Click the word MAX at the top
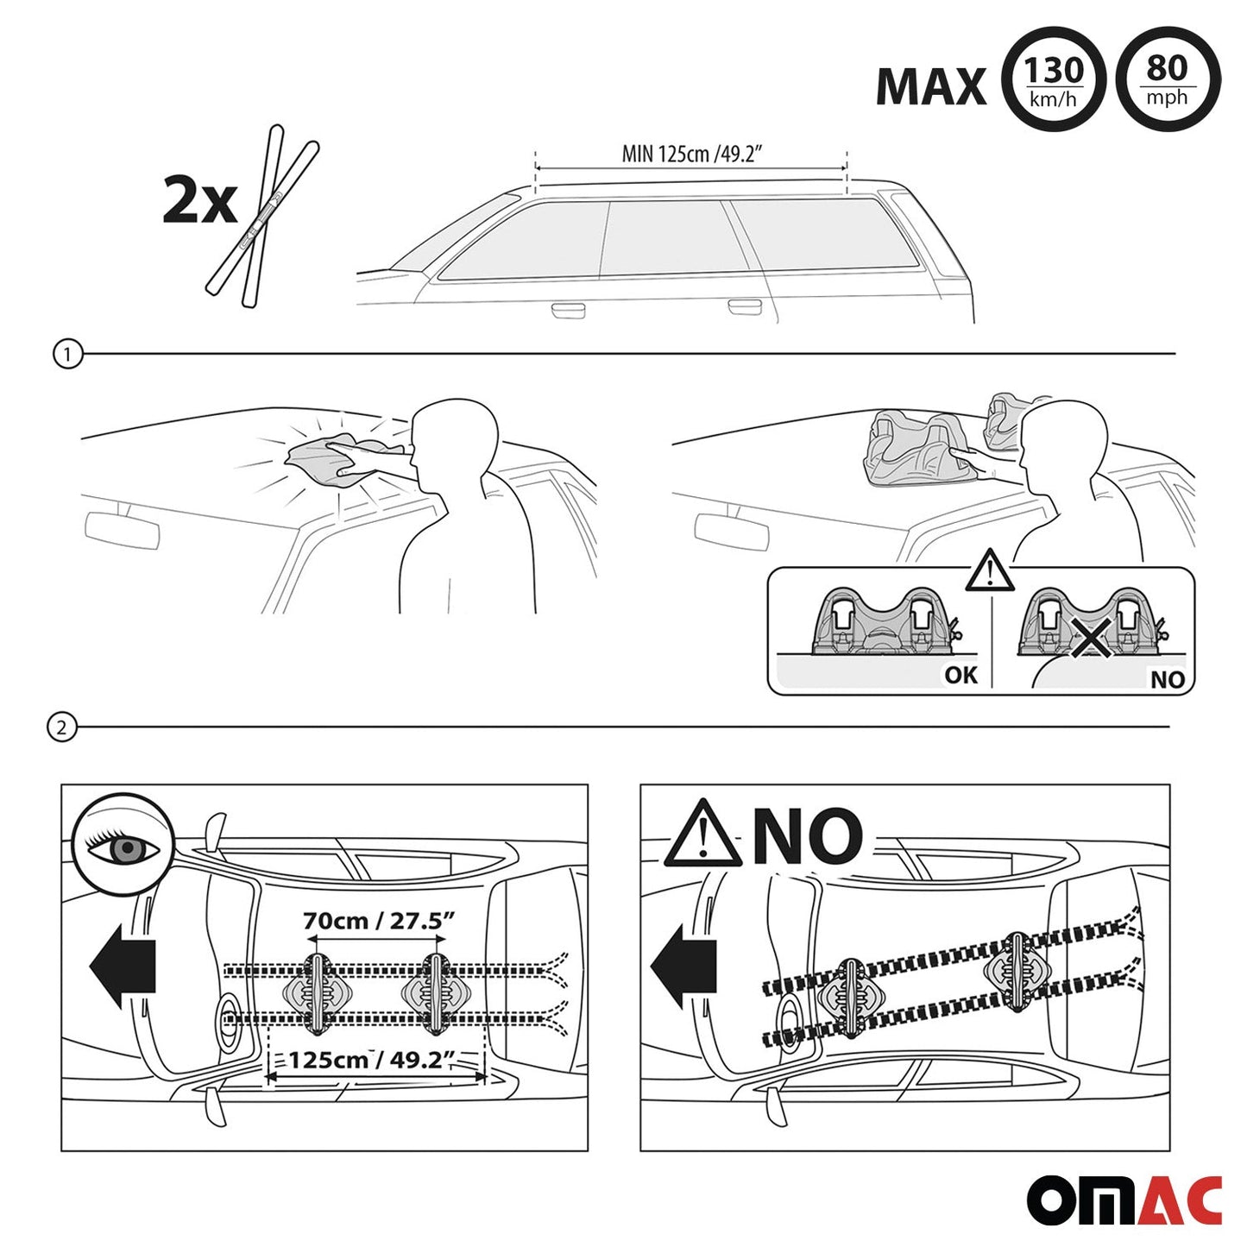pos(931,86)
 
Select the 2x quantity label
pos(198,201)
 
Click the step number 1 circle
pos(68,354)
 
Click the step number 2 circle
pos(61,728)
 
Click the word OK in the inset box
pos(961,675)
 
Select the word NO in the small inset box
pos(1168,679)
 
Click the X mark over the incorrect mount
pos(1092,637)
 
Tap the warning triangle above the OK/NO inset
pos(990,570)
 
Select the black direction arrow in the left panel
pos(123,975)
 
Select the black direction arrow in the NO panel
pos(683,975)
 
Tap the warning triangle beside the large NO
pos(703,834)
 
